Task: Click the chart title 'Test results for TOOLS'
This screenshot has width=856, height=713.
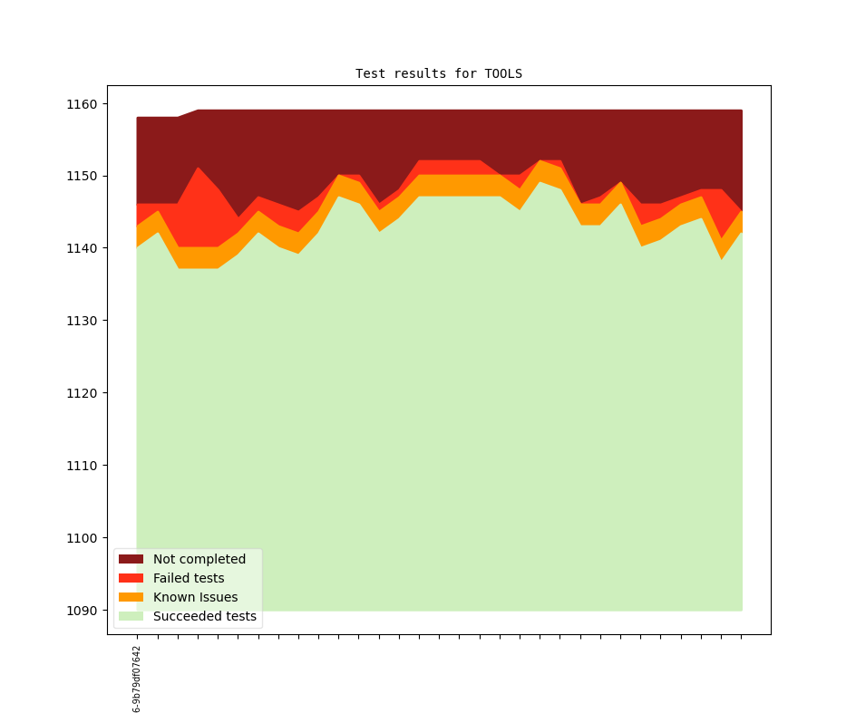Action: click(x=438, y=73)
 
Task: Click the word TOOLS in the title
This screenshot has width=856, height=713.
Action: click(x=503, y=73)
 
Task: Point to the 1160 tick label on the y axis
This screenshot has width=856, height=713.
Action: click(x=83, y=104)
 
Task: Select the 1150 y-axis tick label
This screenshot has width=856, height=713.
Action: click(x=83, y=176)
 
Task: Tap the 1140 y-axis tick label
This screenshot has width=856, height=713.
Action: click(x=83, y=248)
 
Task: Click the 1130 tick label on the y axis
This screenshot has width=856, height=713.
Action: click(x=83, y=321)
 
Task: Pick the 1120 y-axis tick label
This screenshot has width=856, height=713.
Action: click(x=83, y=393)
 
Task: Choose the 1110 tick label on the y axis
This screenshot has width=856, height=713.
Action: click(x=83, y=466)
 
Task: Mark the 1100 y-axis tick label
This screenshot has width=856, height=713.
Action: click(x=83, y=538)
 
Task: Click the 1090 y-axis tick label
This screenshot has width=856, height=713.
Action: click(x=83, y=611)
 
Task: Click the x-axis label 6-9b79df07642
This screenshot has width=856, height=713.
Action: click(x=137, y=679)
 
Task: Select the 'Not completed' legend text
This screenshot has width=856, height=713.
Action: click(x=199, y=559)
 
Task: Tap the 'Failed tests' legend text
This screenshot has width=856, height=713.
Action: click(x=189, y=578)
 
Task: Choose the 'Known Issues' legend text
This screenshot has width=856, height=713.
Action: click(x=195, y=597)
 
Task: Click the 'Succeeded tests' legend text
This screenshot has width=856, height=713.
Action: click(x=205, y=616)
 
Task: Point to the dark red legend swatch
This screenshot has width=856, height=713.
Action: click(x=131, y=559)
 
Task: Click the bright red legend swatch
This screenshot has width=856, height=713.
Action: click(x=131, y=578)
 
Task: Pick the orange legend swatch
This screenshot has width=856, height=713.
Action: click(x=131, y=597)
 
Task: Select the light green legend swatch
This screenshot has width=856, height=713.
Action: click(x=131, y=616)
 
